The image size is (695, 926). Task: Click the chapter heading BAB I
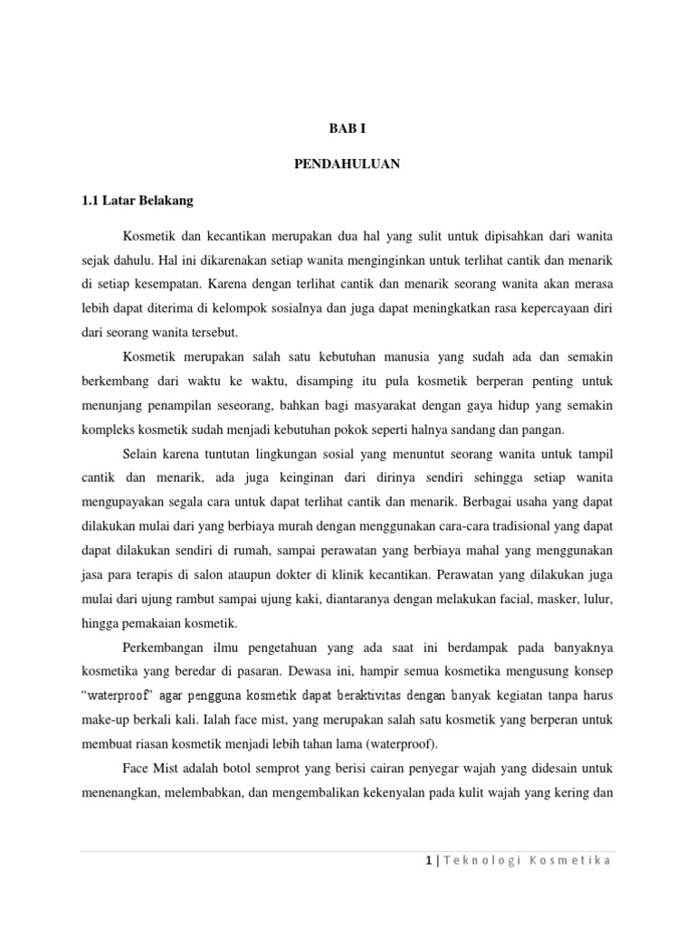pyautogui.click(x=347, y=129)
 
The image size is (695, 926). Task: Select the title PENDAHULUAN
pyautogui.click(x=347, y=165)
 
